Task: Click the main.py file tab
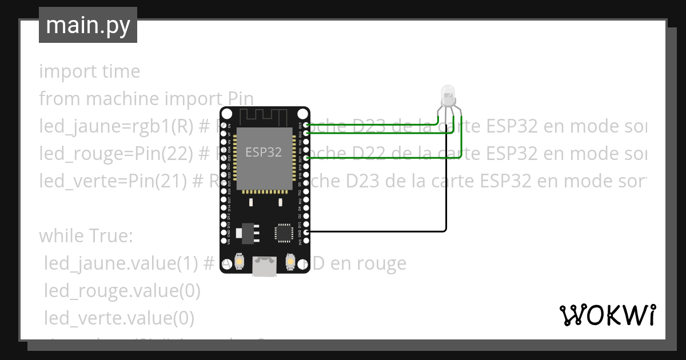click(x=87, y=25)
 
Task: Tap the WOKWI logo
click(x=607, y=315)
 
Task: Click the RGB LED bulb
click(x=448, y=93)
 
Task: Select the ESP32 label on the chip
click(x=264, y=152)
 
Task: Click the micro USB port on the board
click(x=265, y=266)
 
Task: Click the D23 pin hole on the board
click(x=306, y=125)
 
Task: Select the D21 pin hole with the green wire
click(x=306, y=158)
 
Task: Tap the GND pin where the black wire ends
click(x=306, y=231)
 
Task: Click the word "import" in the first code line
click(x=61, y=71)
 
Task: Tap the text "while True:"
click(x=86, y=235)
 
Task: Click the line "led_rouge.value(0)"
click(x=122, y=291)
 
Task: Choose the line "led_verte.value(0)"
click(x=119, y=318)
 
